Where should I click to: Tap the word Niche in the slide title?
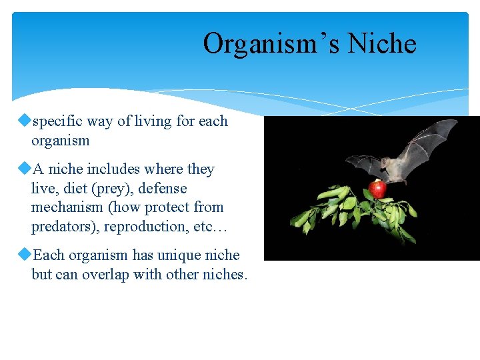pos(382,44)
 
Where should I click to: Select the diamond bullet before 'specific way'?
pos(26,121)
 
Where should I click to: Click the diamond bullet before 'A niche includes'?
pos(26,169)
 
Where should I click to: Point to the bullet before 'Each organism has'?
pos(26,255)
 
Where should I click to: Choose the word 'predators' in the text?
pos(63,227)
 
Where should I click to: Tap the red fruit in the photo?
pos(378,189)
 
